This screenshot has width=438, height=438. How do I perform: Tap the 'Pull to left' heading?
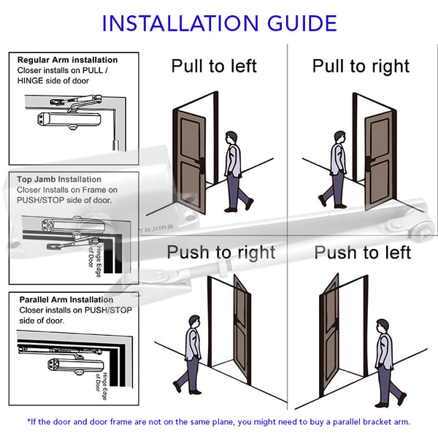click(214, 66)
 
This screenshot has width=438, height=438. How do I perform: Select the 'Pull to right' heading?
click(360, 66)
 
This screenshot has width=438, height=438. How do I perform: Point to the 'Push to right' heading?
click(221, 253)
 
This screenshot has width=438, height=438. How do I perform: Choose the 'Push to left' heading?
click(363, 253)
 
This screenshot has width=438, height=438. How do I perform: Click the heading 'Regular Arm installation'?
click(67, 60)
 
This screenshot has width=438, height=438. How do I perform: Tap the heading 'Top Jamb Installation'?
click(60, 179)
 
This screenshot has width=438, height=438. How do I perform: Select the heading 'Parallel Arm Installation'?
click(66, 299)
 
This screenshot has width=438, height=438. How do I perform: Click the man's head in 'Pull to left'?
click(231, 137)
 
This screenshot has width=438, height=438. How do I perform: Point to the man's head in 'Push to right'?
click(193, 321)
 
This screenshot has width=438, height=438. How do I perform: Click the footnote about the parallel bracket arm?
click(219, 421)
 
